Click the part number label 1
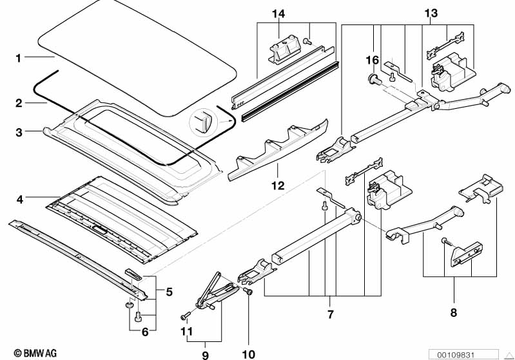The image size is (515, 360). coord(19,59)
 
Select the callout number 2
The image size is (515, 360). coord(19,103)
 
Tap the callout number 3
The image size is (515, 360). coord(19,133)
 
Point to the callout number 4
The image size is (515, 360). coord(19,200)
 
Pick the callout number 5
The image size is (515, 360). coord(169,292)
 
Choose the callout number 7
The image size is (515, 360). coord(330,315)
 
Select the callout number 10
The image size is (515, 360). coord(248,354)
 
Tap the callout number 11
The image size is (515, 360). coord(186,332)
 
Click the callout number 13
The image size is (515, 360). coord(431,14)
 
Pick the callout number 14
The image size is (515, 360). coord(277,14)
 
